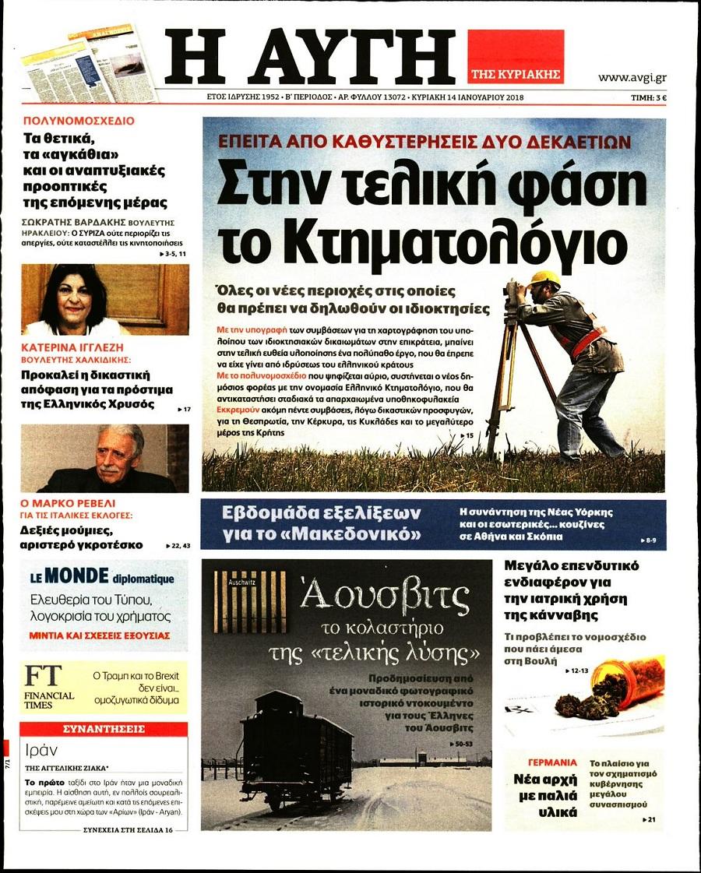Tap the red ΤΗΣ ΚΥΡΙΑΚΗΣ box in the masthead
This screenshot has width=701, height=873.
(515, 56)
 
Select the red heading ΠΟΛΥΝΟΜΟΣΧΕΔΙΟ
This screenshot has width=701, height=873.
(79, 121)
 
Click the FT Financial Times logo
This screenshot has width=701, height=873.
(48, 687)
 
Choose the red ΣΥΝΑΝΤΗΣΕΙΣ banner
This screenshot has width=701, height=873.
(104, 730)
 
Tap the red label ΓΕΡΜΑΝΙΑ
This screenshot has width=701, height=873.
(552, 762)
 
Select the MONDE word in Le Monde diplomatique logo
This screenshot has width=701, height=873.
(77, 577)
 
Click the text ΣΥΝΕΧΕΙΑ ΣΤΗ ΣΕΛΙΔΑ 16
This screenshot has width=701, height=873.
(129, 830)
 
